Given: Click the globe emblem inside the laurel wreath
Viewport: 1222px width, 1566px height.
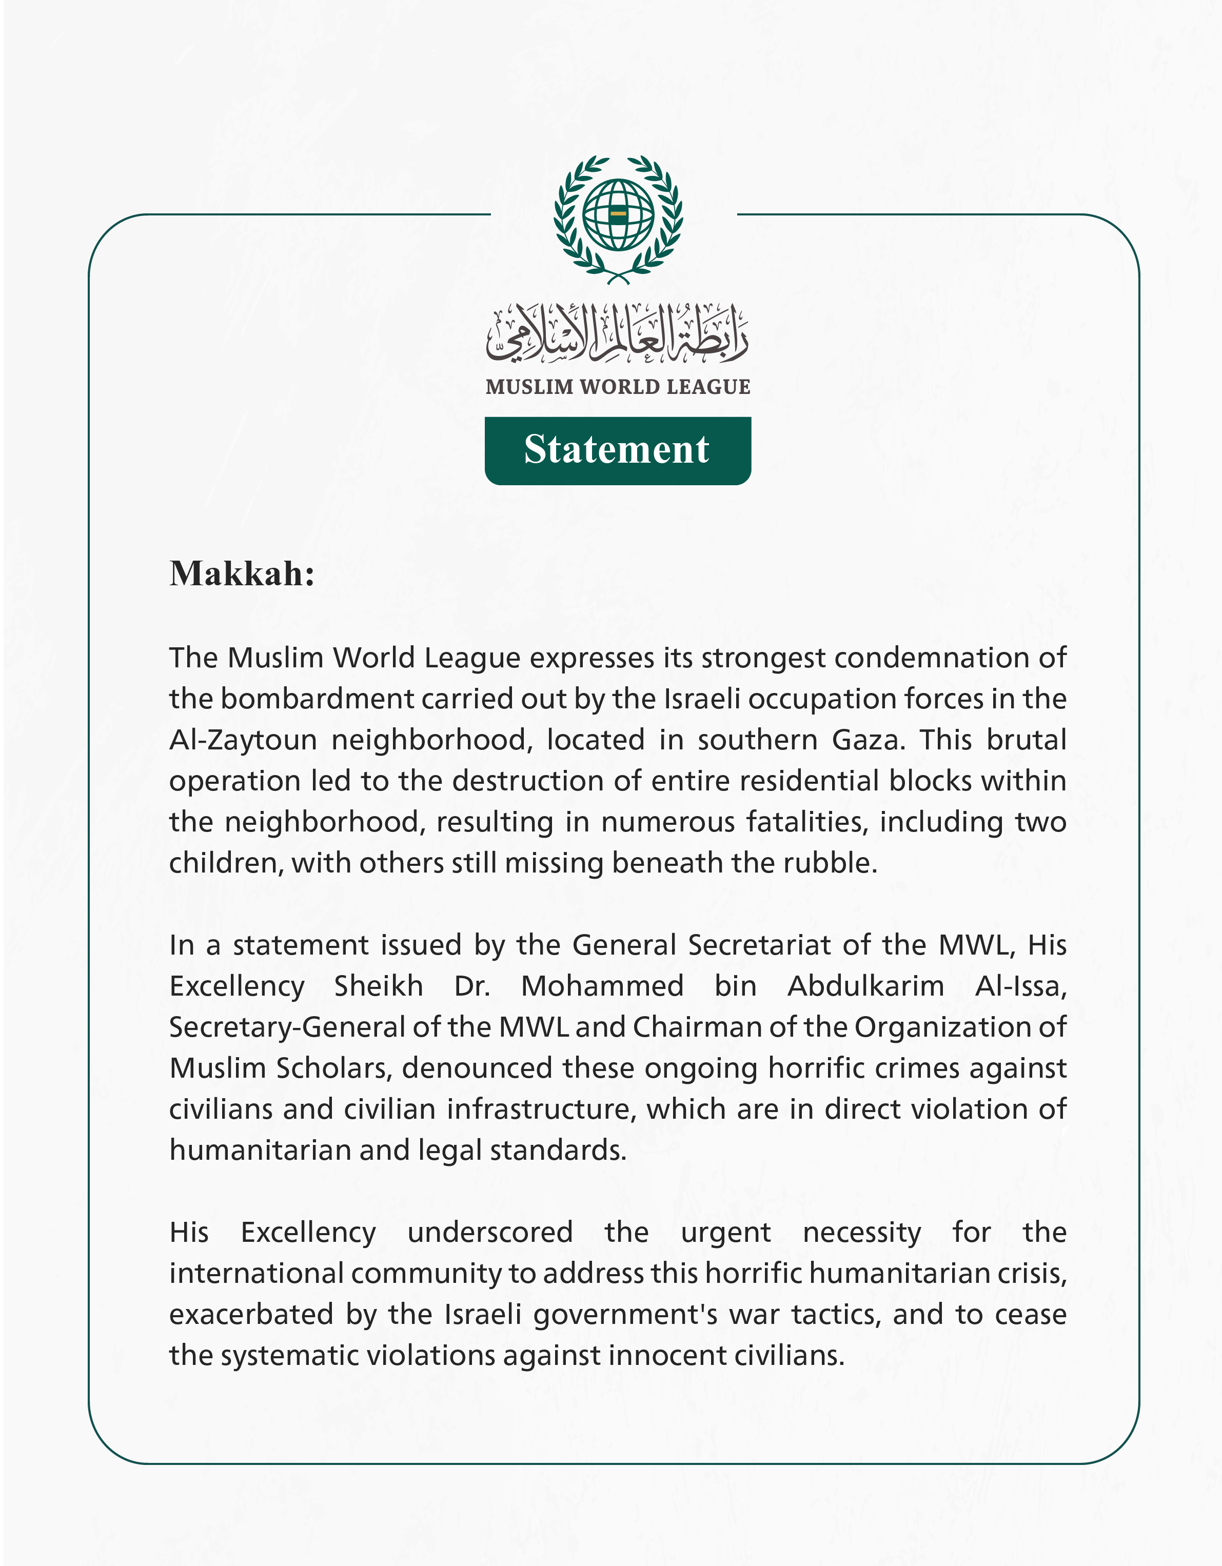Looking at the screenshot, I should (618, 214).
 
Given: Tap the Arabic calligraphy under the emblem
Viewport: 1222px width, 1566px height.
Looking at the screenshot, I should (618, 333).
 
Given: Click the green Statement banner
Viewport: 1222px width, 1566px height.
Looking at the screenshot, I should (618, 450).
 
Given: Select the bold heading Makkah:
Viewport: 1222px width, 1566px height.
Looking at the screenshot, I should (242, 573).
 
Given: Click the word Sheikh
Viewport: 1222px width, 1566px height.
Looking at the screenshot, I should (379, 987).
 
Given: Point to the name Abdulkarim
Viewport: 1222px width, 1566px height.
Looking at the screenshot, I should (865, 987).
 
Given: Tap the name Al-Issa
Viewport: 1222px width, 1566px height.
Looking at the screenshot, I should (1020, 987).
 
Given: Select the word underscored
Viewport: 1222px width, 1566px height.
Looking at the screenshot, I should (490, 1233).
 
